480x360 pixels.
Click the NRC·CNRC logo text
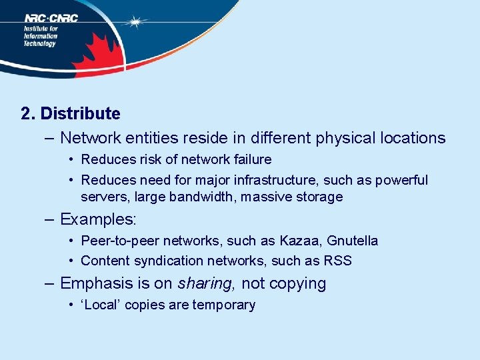click(x=51, y=18)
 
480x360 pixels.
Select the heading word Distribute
click(x=80, y=114)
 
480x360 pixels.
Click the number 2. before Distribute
click(x=28, y=114)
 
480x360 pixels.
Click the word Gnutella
click(x=352, y=241)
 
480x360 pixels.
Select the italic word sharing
click(x=206, y=284)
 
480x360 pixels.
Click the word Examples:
click(x=98, y=219)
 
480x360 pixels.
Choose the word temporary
click(x=223, y=305)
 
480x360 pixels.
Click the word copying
click(x=299, y=284)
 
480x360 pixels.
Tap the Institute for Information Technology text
click(x=41, y=36)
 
